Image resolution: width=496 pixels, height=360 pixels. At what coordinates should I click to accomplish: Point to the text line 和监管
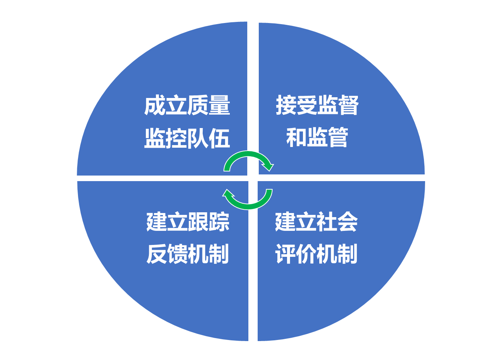coord(317,137)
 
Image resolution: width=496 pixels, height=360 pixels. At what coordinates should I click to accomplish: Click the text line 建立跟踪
coord(188,222)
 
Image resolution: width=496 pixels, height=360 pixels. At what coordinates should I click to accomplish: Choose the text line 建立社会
coord(316,222)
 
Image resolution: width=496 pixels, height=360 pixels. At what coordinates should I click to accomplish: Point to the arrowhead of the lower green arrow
coord(228,194)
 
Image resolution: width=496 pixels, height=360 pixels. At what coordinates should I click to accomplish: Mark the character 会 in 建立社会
coord(347,222)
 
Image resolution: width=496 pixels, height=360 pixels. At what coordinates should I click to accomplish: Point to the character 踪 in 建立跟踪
coord(219,222)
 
